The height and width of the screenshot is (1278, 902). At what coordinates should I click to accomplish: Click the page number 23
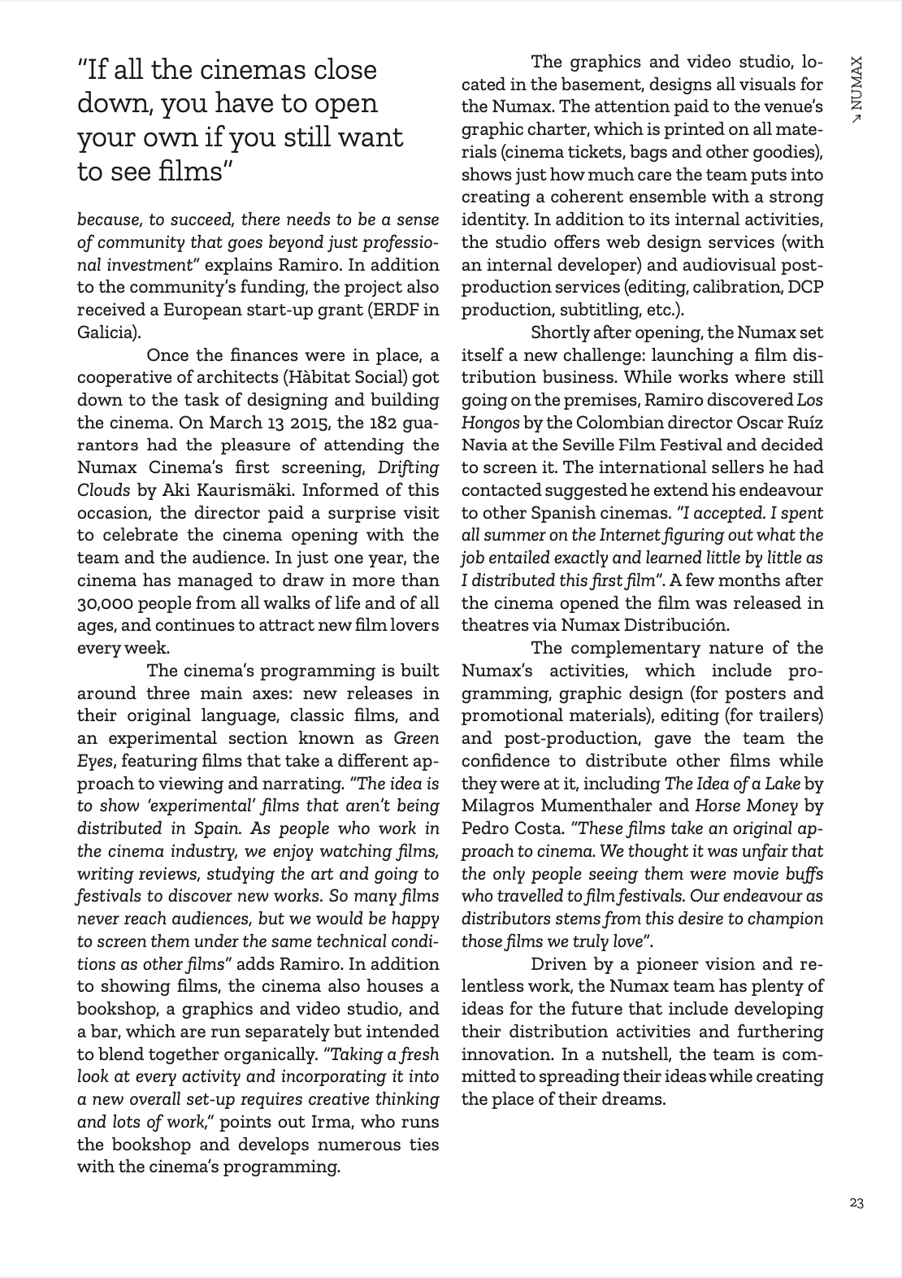(856, 1204)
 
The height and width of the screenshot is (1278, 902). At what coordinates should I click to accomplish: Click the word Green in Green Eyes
(416, 738)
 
